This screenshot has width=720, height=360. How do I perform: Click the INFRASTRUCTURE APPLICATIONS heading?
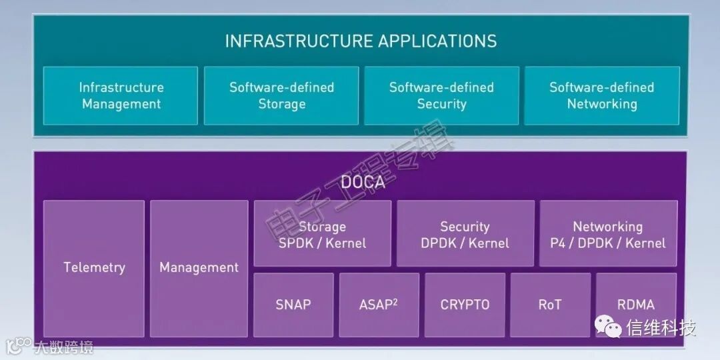point(361,41)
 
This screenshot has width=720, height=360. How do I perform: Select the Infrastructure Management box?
point(121,95)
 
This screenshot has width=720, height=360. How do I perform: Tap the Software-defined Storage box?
point(281,95)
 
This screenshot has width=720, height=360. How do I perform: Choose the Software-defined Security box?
point(441,95)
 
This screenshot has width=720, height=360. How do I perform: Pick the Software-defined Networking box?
point(602,95)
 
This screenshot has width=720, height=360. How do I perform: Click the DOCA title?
point(363,182)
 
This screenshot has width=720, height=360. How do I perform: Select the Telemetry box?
point(94,268)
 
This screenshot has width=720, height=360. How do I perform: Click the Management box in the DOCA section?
point(199,268)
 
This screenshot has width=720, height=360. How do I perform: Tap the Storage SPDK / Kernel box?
point(323,234)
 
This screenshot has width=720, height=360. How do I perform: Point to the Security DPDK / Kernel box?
point(465,234)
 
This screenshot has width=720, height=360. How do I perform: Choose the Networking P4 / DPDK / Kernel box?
point(608,234)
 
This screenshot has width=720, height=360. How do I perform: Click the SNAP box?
point(293,305)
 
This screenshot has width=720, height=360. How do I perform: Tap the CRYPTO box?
point(465,305)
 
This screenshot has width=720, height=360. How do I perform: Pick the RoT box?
point(550,305)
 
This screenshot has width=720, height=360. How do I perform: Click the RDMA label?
point(635,305)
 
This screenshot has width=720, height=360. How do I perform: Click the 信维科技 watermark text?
point(660,328)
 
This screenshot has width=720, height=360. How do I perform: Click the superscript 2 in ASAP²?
point(395,301)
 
